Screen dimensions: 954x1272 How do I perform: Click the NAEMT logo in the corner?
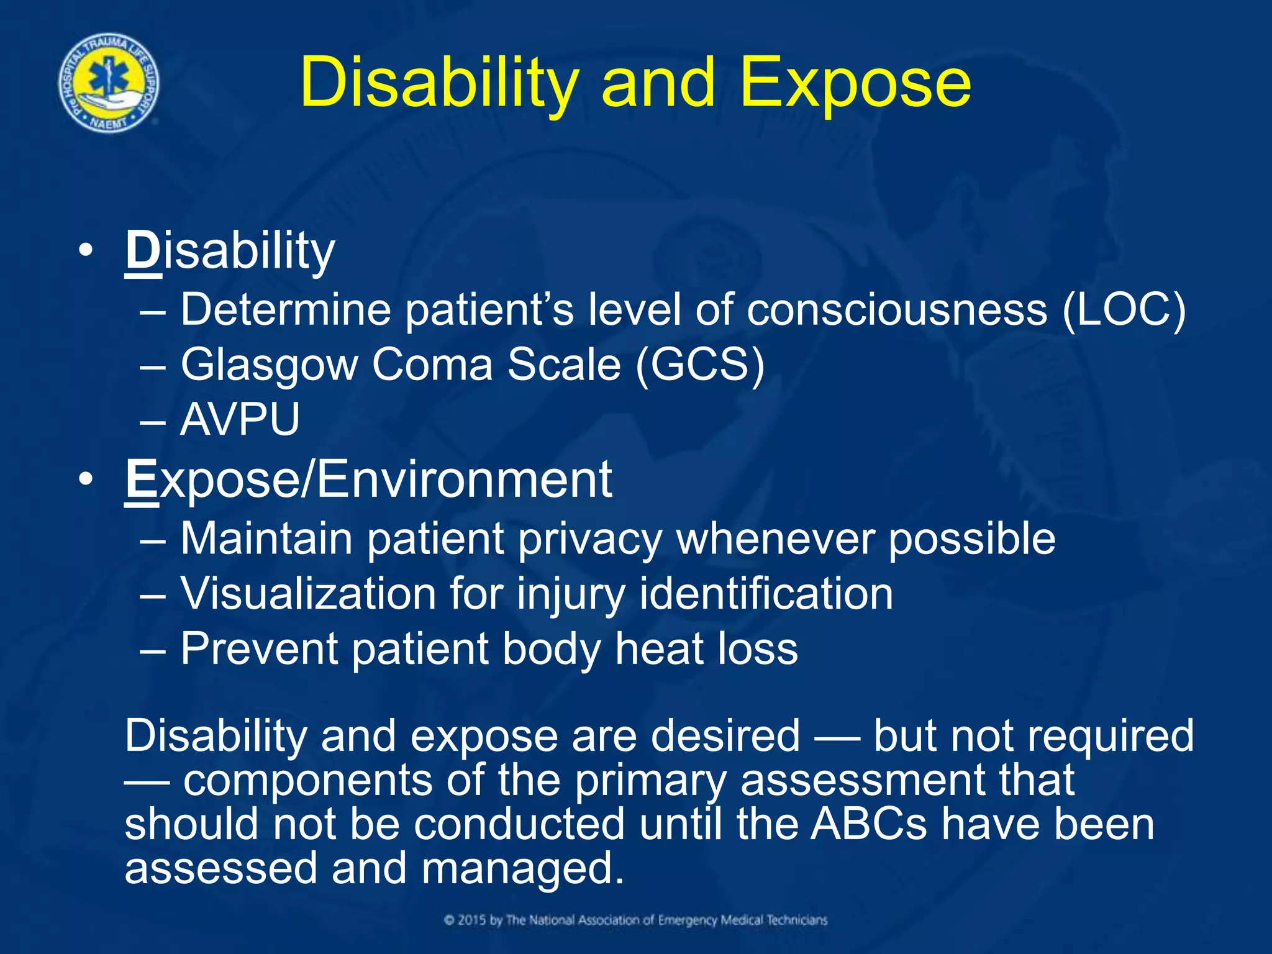point(109,83)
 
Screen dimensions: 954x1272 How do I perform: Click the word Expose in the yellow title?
point(855,83)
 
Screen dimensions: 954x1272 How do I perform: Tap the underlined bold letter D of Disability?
point(143,251)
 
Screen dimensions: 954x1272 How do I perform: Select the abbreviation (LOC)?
point(1124,310)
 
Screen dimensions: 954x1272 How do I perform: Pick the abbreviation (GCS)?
point(700,365)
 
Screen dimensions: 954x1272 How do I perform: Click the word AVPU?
point(240,419)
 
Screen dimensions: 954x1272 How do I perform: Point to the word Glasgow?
point(269,365)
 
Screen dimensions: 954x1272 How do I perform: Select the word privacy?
point(590,538)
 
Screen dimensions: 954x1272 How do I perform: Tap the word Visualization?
point(309,594)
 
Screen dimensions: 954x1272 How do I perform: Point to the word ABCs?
point(868,824)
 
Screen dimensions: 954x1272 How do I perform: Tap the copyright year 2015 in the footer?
point(473,920)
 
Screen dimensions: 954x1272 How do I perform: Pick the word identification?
point(766,594)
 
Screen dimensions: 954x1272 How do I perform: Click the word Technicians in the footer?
point(797,920)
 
